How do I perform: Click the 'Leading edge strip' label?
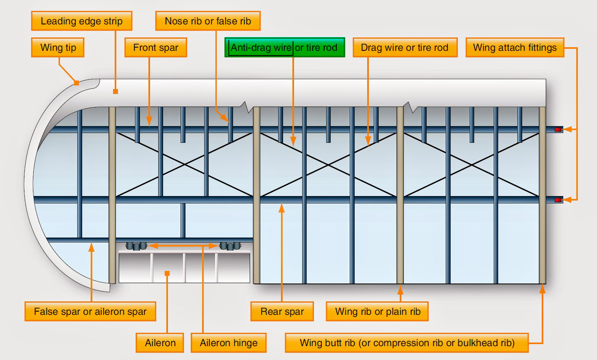(82, 21)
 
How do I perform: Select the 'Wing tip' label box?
(58, 48)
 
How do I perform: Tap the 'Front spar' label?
(155, 48)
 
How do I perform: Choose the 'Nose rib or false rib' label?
(208, 21)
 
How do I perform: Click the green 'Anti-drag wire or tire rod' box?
(285, 48)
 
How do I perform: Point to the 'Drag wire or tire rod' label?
(405, 48)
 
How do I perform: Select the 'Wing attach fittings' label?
(514, 48)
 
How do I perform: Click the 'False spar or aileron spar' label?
(90, 312)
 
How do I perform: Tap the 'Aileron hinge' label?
(229, 343)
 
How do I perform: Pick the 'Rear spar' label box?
(282, 312)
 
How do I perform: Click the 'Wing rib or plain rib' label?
(377, 312)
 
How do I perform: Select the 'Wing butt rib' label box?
(407, 343)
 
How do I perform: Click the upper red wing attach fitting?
(558, 129)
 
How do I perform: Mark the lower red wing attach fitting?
(558, 200)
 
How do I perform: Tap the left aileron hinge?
(136, 246)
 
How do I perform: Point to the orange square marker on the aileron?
(167, 273)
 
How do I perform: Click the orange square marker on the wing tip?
(76, 83)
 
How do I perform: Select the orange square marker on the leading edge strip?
(115, 92)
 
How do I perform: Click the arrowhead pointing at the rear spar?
(281, 208)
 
